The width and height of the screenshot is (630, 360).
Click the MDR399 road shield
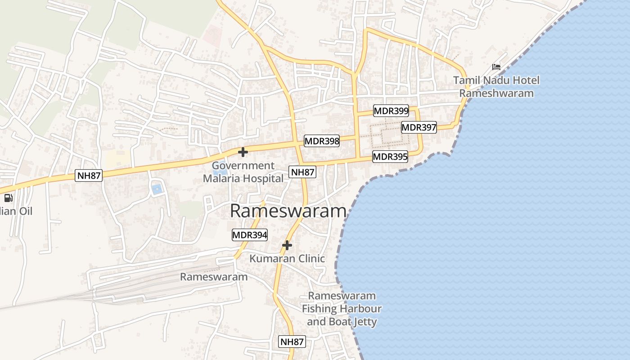391,110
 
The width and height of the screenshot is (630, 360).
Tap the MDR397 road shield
419,127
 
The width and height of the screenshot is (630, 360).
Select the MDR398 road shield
322,141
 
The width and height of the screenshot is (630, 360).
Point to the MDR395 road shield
390,157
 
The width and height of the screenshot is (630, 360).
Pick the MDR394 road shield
250,234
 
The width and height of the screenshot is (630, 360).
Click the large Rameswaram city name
288,211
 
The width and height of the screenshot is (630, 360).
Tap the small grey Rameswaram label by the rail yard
214,277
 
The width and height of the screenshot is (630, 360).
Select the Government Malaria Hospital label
243,172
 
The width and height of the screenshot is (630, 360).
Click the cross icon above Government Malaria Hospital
243,152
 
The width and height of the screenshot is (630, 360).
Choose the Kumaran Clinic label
287,258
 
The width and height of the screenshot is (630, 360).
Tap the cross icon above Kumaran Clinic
287,245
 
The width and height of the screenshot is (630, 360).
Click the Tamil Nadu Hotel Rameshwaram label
496,87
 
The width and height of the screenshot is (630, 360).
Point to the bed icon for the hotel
496,67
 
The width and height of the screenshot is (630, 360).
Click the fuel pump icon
8,198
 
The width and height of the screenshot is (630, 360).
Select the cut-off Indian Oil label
16,211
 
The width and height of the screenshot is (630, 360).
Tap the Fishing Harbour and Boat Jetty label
342,309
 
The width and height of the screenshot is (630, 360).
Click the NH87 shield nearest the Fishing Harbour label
292,342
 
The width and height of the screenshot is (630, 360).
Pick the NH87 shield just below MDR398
302,171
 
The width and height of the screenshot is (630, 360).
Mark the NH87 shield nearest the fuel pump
89,175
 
